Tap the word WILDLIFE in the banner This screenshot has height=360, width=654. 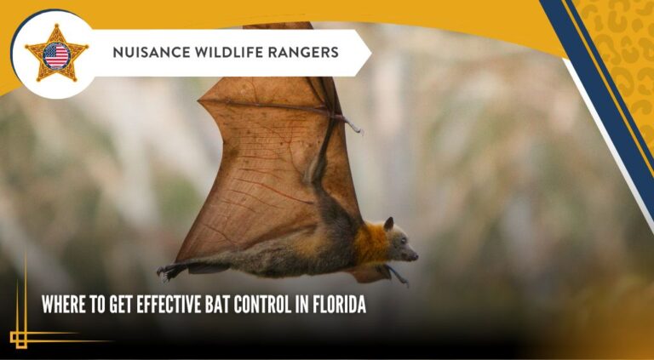222,53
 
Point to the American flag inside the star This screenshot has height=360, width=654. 56,55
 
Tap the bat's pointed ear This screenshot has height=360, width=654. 388,224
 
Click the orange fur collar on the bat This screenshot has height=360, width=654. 370,243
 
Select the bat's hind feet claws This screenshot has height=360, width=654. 164,272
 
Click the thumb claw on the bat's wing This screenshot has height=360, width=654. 353,127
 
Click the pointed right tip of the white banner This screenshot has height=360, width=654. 370,53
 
